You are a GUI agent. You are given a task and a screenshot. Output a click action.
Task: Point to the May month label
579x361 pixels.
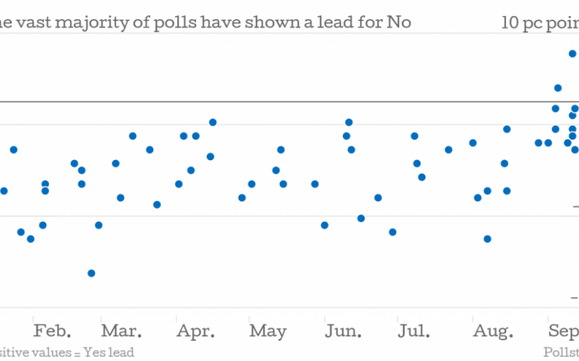(x=268, y=331)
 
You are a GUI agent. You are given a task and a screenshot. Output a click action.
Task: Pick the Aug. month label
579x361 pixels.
(x=493, y=331)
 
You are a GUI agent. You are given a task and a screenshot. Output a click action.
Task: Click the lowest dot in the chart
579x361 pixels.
(x=91, y=273)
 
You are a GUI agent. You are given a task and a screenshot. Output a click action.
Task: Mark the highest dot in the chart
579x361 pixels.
(x=572, y=53)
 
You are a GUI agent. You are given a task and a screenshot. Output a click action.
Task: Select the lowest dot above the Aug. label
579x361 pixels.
(x=487, y=239)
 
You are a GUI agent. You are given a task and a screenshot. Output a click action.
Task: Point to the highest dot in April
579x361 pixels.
(x=213, y=122)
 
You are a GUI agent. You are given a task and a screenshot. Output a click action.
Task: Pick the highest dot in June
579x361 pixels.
(x=349, y=122)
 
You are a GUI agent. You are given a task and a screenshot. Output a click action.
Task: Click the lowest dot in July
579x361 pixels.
(x=393, y=232)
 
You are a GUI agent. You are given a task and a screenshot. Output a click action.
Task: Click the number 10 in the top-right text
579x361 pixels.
(x=511, y=22)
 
